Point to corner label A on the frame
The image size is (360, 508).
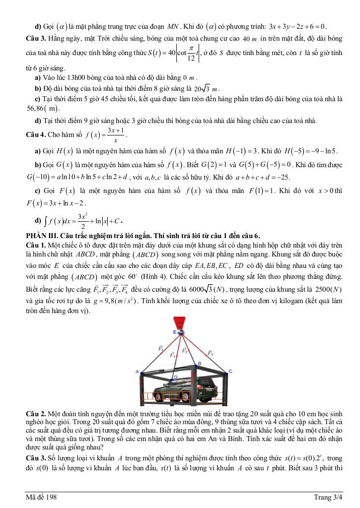tap(137, 371)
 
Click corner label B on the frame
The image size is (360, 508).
tap(199, 364)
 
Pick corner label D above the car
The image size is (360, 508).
tap(175, 378)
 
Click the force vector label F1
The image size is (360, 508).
tap(161, 349)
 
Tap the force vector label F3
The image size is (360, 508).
tap(211, 353)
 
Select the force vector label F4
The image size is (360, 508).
tap(172, 355)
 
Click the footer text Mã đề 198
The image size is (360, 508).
tap(42, 498)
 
